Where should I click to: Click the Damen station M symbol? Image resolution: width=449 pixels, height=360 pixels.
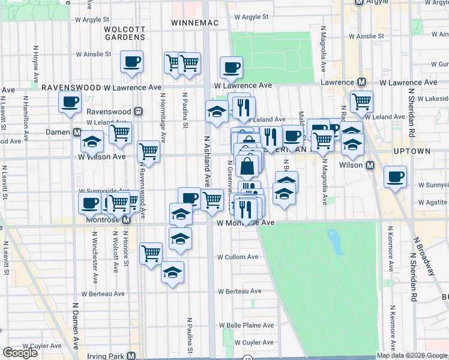(77, 131)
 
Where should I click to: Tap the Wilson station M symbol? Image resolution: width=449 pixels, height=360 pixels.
(370, 164)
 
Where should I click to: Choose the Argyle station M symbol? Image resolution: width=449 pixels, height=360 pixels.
(360, 2)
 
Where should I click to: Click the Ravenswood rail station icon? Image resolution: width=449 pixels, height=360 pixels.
(138, 111)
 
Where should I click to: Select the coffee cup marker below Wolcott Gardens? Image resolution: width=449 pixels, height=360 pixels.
(131, 61)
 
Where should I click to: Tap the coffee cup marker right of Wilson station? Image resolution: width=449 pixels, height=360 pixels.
(395, 177)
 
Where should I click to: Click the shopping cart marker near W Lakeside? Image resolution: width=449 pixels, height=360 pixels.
(361, 101)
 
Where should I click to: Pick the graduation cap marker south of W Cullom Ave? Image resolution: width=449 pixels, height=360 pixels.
(173, 272)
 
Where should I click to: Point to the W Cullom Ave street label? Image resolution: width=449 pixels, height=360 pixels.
(238, 257)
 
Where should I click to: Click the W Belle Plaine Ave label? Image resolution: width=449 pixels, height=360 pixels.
(248, 325)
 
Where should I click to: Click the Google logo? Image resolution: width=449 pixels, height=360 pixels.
(20, 353)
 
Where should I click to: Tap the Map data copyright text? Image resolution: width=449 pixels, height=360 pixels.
(412, 355)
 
